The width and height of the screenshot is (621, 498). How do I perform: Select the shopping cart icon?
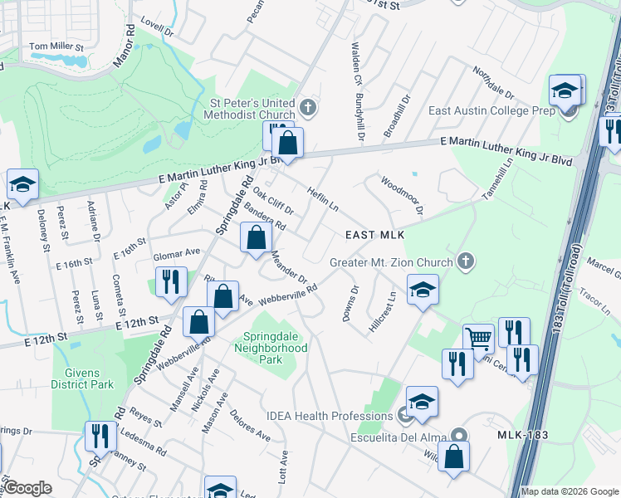point(477,339)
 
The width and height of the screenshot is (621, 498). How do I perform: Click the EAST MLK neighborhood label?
point(374,236)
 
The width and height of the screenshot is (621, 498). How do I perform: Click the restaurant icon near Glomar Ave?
point(169,281)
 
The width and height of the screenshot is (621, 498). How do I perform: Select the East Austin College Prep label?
point(491,110)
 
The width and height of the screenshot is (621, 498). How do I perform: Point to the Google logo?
point(27,489)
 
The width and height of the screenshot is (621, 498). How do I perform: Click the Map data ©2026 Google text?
point(569,491)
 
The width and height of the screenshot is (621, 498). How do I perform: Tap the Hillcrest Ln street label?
point(384,310)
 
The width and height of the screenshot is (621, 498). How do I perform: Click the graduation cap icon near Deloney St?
point(22,185)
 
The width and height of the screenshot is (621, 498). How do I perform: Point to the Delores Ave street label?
point(250,425)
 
